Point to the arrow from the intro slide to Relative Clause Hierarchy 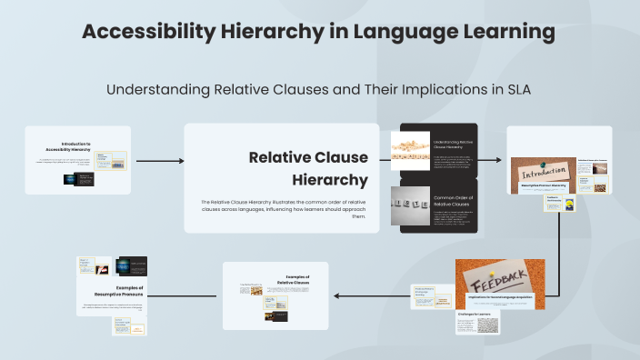tap(159, 161)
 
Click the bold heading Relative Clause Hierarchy tap(309, 168)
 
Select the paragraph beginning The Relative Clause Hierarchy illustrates tap(283, 209)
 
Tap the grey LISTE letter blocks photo tap(410, 205)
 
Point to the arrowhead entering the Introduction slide tap(500, 159)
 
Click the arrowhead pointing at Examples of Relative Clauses tap(336, 295)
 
